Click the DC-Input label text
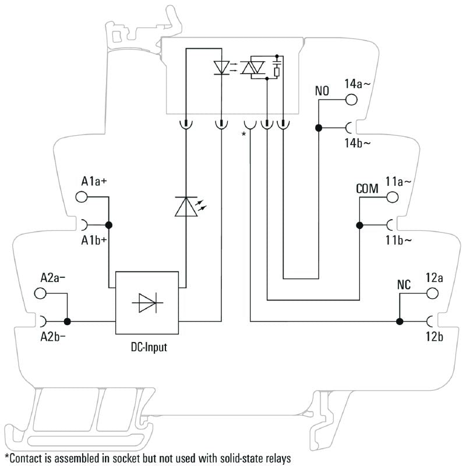[x=147, y=348]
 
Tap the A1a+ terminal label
[x=94, y=182]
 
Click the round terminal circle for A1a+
[x=82, y=197]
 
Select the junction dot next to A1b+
[x=108, y=225]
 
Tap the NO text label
[x=322, y=91]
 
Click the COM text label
[x=367, y=189]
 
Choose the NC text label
[x=404, y=285]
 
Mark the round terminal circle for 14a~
[x=351, y=100]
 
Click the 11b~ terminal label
[x=398, y=240]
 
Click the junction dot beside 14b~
[x=319, y=128]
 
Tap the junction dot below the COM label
[x=359, y=225]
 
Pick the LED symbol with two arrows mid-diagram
[x=187, y=206]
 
